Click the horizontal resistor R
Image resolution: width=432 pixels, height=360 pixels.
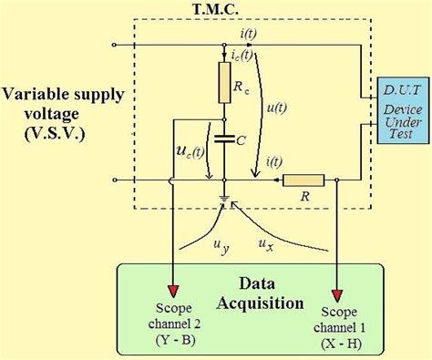click(302, 180)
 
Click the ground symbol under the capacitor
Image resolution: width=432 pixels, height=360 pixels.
click(224, 196)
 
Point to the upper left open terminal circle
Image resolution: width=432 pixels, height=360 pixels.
click(114, 45)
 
